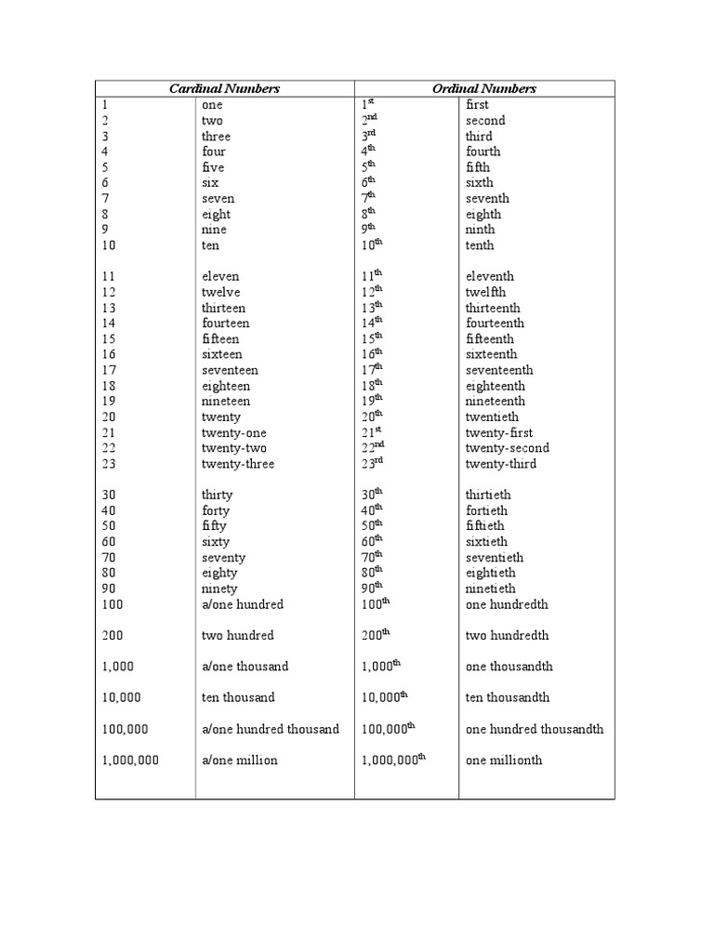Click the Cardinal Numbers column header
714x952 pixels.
pos(224,88)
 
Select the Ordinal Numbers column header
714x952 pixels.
pos(484,88)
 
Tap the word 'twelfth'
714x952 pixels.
pos(485,292)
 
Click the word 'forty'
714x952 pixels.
pos(216,510)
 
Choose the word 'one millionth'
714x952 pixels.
pos(504,760)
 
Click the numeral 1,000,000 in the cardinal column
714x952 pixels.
pos(130,760)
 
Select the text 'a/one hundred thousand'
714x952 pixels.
pos(271,729)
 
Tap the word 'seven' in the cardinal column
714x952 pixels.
pos(218,198)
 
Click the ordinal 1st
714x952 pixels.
pos(366,104)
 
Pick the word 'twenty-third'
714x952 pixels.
pos(500,464)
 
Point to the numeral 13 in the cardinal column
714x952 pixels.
pos(110,308)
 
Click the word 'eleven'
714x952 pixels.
pos(220,276)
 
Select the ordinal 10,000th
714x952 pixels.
pos(384,697)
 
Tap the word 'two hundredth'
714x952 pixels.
pos(507,635)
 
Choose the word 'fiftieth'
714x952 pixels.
pos(486,526)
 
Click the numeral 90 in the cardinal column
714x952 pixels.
pos(110,588)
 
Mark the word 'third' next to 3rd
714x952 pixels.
pos(479,136)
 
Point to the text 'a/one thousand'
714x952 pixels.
pos(245,667)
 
